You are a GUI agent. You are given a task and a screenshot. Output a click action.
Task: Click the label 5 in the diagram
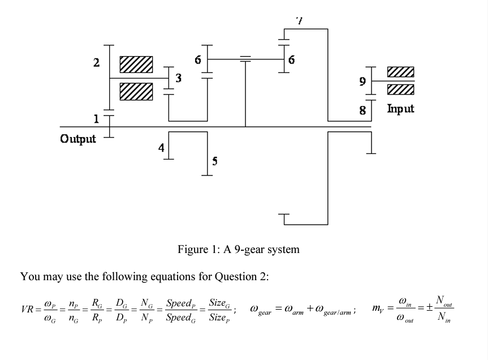point(215,161)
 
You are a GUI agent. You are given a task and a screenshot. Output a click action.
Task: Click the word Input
point(400,108)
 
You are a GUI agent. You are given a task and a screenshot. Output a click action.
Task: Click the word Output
point(78,138)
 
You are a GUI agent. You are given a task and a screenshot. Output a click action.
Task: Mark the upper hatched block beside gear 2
point(136,65)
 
